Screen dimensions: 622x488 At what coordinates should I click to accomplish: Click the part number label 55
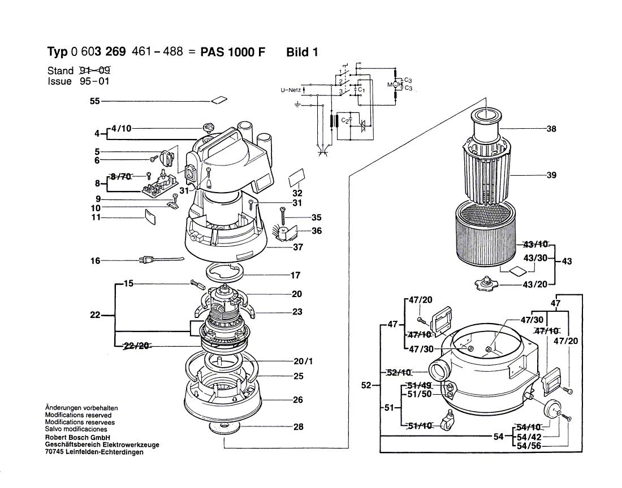[95, 101]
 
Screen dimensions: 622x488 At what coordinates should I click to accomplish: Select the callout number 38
[551, 129]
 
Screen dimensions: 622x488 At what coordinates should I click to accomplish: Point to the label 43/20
[535, 285]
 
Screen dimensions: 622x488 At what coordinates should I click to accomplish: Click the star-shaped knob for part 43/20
[486, 284]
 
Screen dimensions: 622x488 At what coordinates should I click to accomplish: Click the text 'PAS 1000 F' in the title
[232, 53]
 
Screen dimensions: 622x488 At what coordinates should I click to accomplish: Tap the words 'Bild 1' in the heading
[302, 53]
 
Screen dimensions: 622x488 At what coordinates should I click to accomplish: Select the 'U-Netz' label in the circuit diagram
[291, 90]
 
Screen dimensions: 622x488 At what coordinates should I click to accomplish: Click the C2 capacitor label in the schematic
[345, 120]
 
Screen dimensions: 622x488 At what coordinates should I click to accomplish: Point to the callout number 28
[299, 426]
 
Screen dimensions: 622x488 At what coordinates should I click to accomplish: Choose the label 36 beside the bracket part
[317, 230]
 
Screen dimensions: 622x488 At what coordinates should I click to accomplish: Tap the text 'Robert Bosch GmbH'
[77, 438]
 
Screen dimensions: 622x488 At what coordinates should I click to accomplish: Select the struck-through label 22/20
[136, 346]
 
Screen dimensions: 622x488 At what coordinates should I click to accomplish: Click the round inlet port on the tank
[439, 372]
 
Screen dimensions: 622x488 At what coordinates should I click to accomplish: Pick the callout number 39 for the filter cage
[551, 175]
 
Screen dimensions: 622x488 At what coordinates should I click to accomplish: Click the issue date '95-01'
[94, 81]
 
